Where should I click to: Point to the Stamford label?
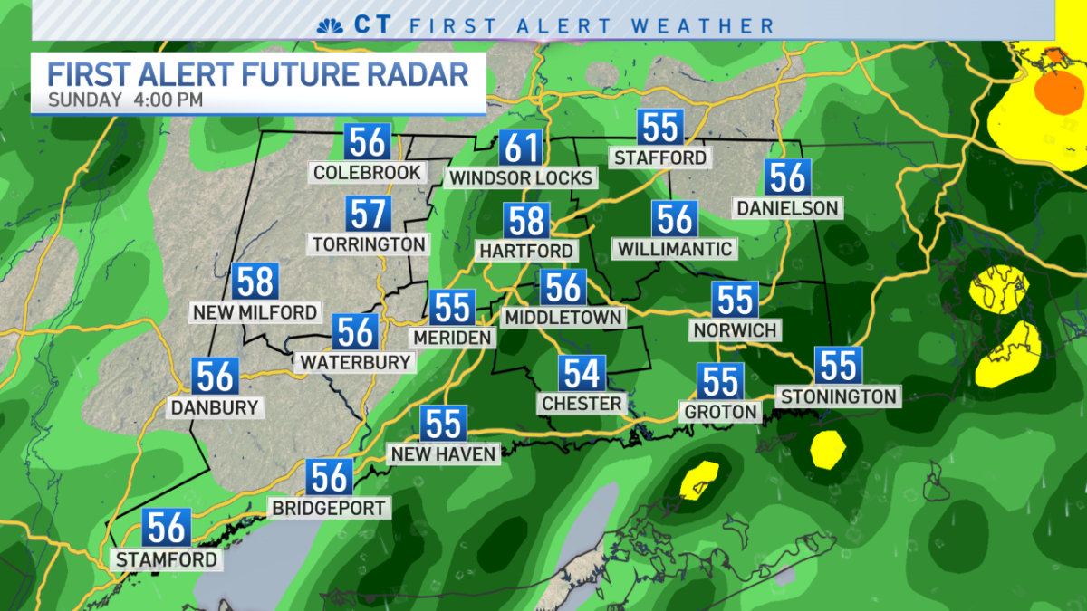click(x=167, y=559)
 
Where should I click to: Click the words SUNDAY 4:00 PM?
click(x=126, y=100)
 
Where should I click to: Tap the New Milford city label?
click(x=255, y=312)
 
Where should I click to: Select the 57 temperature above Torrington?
click(x=368, y=215)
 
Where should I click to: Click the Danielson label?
click(x=787, y=208)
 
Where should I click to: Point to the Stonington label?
click(x=838, y=396)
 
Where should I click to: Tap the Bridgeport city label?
click(x=330, y=508)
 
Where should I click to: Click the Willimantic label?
click(x=674, y=248)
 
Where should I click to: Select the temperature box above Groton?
click(x=721, y=382)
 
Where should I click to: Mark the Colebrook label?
click(x=367, y=172)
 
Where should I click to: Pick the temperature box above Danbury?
click(x=216, y=377)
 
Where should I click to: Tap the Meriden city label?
click(x=452, y=338)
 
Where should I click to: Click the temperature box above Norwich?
click(x=735, y=301)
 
